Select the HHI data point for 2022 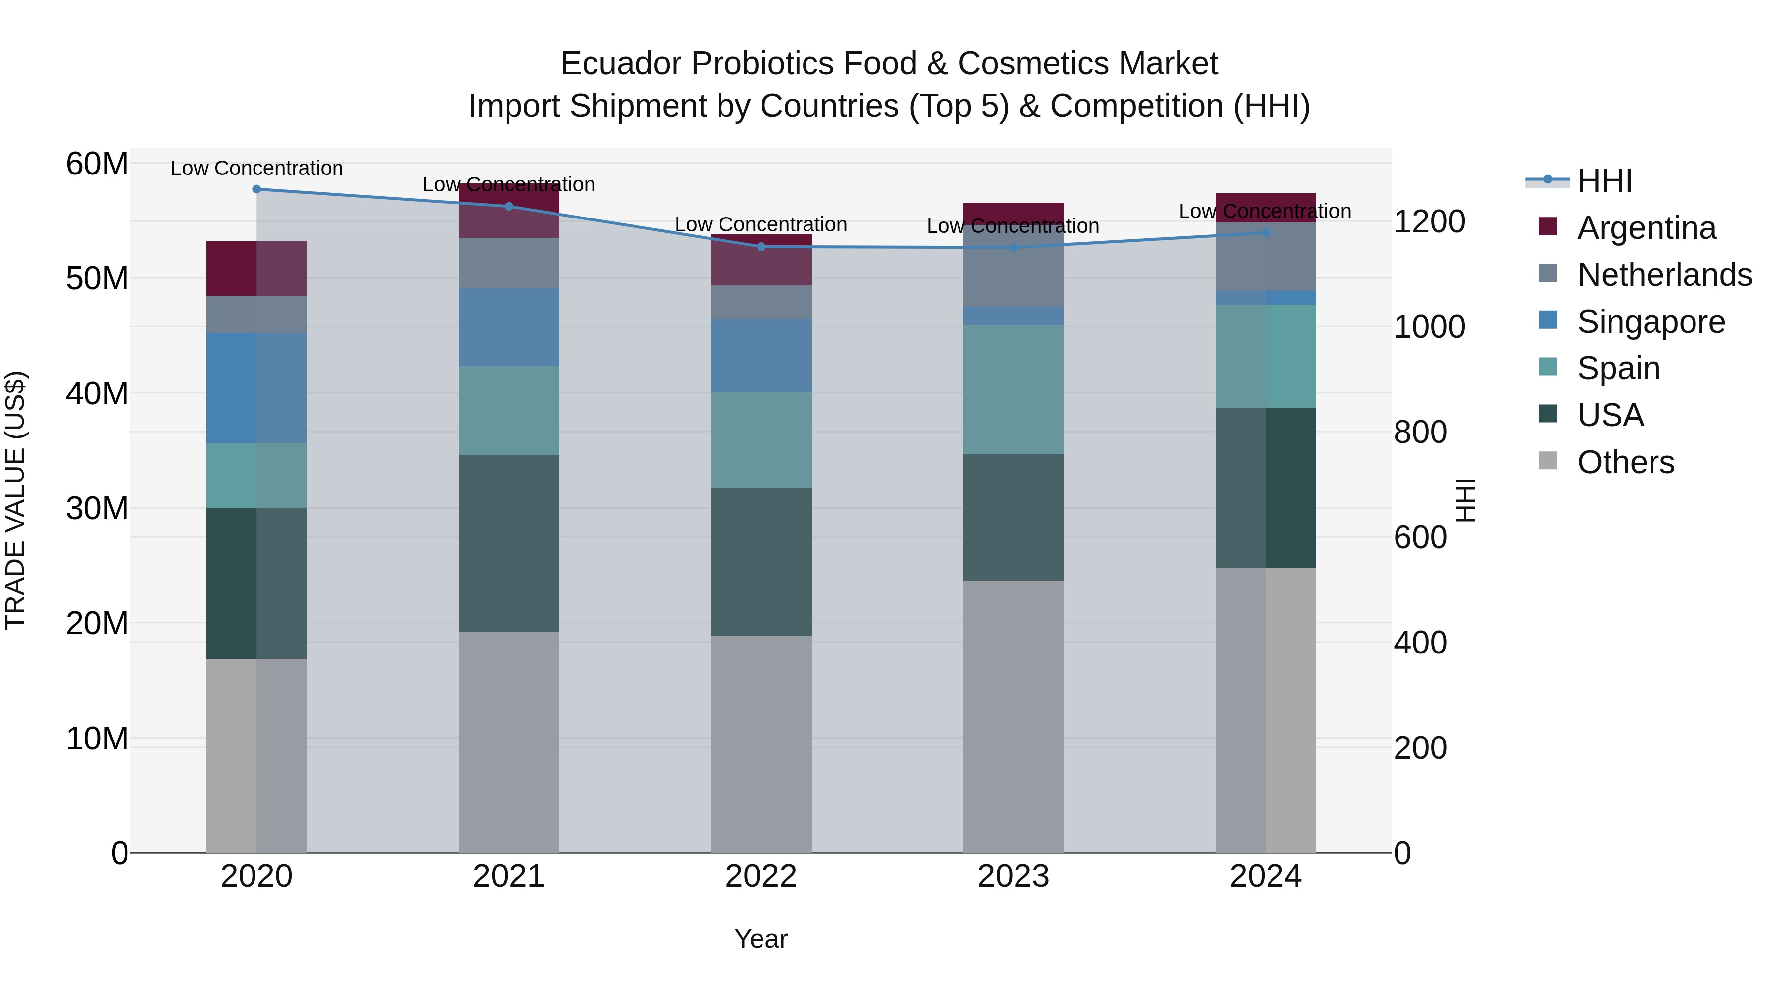(x=761, y=247)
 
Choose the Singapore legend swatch (x=1548, y=320)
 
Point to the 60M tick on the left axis (x=97, y=165)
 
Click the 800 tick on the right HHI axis (x=1420, y=433)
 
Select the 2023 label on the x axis (x=1013, y=876)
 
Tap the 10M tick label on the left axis (x=97, y=739)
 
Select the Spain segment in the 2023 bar (x=1013, y=389)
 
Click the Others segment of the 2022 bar (x=761, y=743)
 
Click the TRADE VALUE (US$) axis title (x=15, y=500)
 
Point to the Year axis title (x=761, y=939)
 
